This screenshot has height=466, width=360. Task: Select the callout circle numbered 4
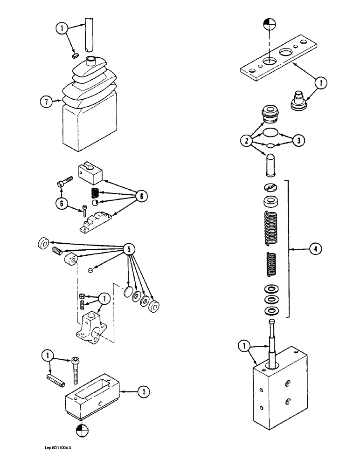point(315,249)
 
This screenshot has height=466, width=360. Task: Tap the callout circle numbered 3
point(298,139)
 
